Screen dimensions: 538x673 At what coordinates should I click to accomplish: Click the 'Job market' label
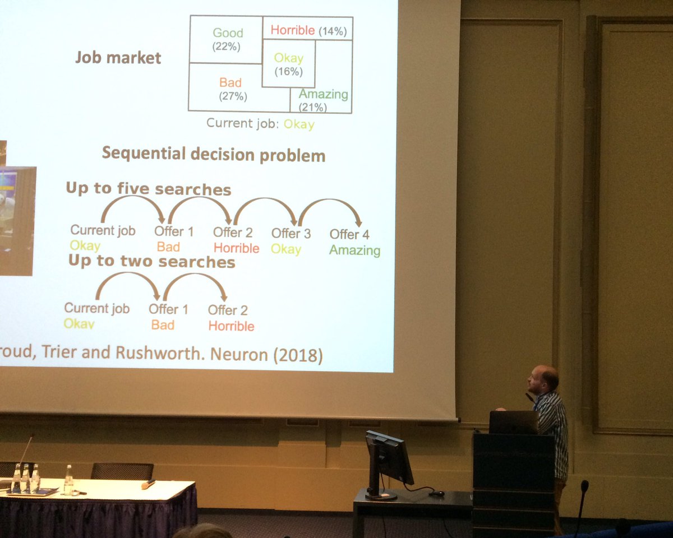point(118,58)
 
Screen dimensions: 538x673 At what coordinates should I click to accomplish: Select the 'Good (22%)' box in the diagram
point(227,40)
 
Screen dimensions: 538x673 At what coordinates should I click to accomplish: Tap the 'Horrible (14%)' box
point(308,30)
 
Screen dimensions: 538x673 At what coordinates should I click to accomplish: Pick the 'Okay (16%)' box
point(288,64)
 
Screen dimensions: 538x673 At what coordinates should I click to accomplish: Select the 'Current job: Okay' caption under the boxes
point(260,124)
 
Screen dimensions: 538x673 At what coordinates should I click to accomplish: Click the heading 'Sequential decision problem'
point(213,154)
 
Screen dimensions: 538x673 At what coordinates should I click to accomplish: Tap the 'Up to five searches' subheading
point(149,189)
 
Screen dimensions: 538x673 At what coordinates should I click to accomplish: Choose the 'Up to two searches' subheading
point(151,262)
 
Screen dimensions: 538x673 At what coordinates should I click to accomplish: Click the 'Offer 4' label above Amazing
point(349,234)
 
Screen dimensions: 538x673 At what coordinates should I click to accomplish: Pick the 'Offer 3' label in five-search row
point(291,233)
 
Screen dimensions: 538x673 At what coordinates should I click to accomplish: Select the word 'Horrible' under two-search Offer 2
point(231,326)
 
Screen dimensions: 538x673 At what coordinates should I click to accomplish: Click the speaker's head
point(543,379)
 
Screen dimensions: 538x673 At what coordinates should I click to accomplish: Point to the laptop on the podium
point(513,423)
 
